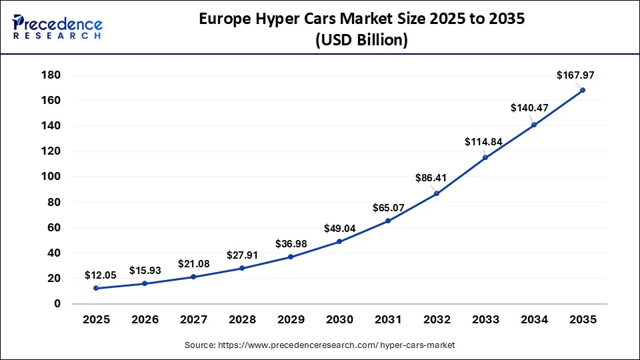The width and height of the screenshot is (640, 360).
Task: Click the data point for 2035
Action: (583, 90)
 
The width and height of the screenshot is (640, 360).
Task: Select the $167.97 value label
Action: (575, 76)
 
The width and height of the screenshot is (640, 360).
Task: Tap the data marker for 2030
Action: (339, 241)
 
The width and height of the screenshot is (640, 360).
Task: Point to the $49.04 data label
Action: (339, 229)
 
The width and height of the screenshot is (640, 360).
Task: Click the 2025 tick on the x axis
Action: (96, 320)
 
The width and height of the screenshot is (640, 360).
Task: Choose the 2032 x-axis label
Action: (437, 320)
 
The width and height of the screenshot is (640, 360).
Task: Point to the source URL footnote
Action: (319, 345)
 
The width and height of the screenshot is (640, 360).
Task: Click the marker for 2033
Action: (485, 157)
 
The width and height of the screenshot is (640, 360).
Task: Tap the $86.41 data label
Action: (437, 179)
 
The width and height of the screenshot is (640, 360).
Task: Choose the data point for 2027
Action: (193, 277)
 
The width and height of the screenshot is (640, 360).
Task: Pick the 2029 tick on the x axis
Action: (291, 320)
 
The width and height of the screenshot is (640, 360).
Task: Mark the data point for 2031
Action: (388, 221)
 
